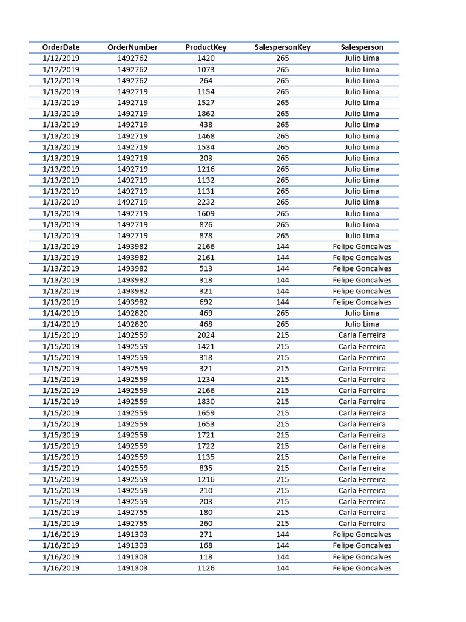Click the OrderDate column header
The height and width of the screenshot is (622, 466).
click(x=61, y=47)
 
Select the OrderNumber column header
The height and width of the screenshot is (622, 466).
click(x=132, y=47)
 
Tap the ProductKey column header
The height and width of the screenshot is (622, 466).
click(x=206, y=47)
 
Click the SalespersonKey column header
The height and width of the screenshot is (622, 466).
click(x=283, y=47)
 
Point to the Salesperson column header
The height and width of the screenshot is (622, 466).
click(x=362, y=47)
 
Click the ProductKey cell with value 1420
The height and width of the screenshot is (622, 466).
click(x=206, y=58)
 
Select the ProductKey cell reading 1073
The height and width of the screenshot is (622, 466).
click(x=206, y=69)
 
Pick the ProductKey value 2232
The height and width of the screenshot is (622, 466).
click(x=206, y=202)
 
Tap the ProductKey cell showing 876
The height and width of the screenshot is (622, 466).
click(x=206, y=224)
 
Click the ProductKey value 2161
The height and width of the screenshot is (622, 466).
click(x=206, y=258)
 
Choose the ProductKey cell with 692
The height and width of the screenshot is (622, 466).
click(x=206, y=302)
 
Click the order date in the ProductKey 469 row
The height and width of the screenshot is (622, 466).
click(x=61, y=313)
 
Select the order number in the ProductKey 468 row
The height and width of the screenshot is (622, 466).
click(x=132, y=324)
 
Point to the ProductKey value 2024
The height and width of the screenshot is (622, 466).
click(x=206, y=335)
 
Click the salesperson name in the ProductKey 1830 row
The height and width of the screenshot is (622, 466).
click(x=362, y=402)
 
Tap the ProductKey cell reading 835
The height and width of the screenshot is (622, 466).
click(x=206, y=468)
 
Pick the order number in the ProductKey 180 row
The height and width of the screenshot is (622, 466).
click(x=132, y=512)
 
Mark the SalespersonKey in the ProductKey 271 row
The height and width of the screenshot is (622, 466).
click(x=283, y=535)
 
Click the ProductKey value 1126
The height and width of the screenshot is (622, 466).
click(x=206, y=568)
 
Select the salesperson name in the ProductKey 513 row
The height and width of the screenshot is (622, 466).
click(x=362, y=268)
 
